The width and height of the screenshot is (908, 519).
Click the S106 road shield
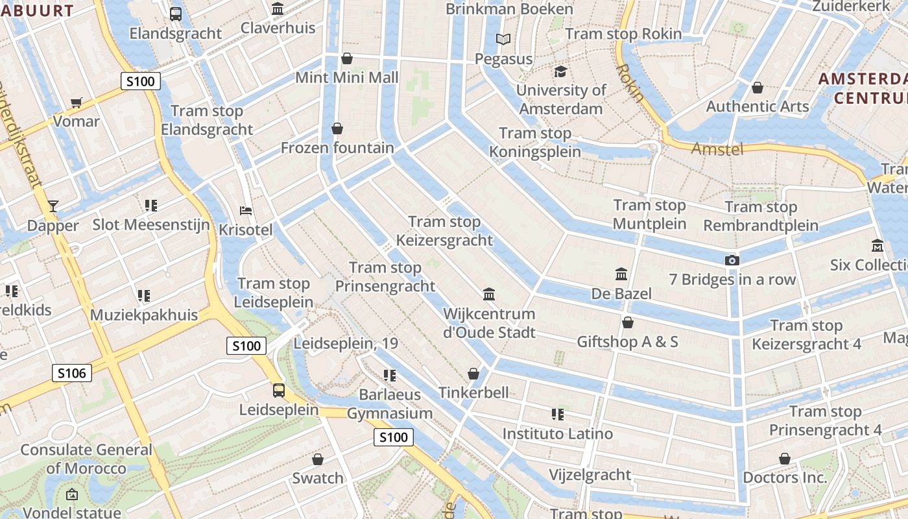(x=71, y=372)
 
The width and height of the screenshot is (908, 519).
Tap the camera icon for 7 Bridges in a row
(x=732, y=261)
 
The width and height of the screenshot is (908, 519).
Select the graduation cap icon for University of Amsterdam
(x=560, y=71)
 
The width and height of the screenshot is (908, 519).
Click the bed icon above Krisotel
(x=246, y=211)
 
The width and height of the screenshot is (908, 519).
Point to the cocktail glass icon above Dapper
(x=53, y=206)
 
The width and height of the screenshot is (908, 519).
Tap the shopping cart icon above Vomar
(x=77, y=103)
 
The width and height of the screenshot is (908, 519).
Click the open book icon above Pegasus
(x=503, y=40)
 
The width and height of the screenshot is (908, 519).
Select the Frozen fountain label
(x=337, y=148)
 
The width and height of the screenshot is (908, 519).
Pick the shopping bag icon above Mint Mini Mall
(x=347, y=59)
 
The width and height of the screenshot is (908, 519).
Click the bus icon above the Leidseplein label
(x=279, y=391)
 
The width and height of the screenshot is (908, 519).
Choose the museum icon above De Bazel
(x=621, y=274)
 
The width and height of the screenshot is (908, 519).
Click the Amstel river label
(x=717, y=149)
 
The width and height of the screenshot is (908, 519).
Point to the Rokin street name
(x=630, y=82)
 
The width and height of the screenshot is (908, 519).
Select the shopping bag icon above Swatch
(x=318, y=459)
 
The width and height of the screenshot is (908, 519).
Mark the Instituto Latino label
(x=558, y=433)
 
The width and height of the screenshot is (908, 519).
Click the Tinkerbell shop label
(x=473, y=392)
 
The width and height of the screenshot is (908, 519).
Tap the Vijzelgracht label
(x=590, y=475)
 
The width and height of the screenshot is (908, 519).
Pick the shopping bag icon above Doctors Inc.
(x=785, y=459)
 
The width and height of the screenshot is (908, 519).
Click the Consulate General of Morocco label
(x=86, y=459)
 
